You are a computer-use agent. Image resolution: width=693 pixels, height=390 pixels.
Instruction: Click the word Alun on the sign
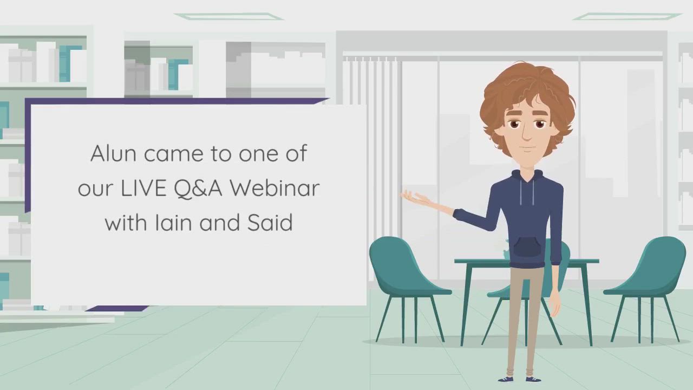pyautogui.click(x=113, y=153)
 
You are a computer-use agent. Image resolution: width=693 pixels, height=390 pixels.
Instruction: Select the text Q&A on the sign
pyautogui.click(x=198, y=188)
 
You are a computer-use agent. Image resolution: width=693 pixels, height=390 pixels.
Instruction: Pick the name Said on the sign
pyautogui.click(x=270, y=222)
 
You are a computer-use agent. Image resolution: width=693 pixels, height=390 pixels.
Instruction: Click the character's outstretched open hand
pyautogui.click(x=416, y=199)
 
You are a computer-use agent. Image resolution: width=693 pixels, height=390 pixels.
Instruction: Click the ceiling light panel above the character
pyautogui.click(x=627, y=16)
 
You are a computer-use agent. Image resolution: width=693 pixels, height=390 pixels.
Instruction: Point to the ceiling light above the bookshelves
pyautogui.click(x=229, y=16)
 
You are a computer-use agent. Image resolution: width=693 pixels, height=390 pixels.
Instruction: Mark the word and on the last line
pyautogui.click(x=220, y=222)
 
